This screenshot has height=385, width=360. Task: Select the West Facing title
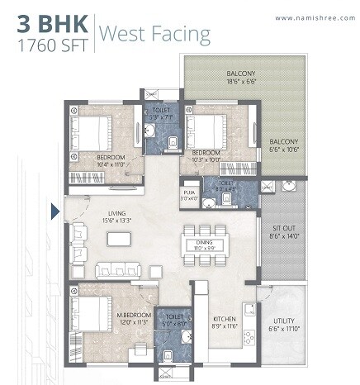click(x=154, y=35)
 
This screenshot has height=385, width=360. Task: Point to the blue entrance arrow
click(x=55, y=212)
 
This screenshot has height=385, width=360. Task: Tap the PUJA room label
click(x=189, y=192)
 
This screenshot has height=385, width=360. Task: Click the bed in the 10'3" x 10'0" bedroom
click(x=206, y=129)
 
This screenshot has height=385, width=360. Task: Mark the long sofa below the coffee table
click(x=118, y=270)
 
